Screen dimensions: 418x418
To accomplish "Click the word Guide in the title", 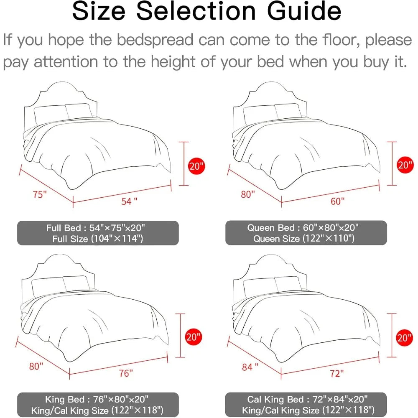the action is tap(304, 11).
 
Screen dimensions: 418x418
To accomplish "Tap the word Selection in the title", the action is tap(196, 11).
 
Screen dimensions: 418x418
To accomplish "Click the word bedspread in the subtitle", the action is tap(155, 40).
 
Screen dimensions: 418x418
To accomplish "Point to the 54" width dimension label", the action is tap(129, 201).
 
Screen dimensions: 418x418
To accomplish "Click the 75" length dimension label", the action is tap(40, 194).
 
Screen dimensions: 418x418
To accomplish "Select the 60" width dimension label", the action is tap(337, 201).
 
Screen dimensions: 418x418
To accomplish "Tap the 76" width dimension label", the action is tap(126, 373).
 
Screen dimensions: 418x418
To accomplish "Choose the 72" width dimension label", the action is tap(336, 373).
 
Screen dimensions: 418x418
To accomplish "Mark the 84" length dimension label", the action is tap(250, 367).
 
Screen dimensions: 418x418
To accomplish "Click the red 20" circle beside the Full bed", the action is tap(196, 166).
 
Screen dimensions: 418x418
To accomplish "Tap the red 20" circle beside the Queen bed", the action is tap(405, 165).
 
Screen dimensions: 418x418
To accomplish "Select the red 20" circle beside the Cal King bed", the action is tap(404, 338).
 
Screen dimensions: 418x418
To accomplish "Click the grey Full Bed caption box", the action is tap(98, 233).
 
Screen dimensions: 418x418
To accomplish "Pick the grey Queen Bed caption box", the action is tap(306, 233).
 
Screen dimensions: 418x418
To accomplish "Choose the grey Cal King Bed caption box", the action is tap(306, 404).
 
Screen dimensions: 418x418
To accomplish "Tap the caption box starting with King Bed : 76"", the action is tap(98, 405).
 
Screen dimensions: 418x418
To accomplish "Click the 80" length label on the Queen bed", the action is tap(248, 194).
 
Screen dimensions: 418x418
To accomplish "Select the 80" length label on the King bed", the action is tap(36, 366).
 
